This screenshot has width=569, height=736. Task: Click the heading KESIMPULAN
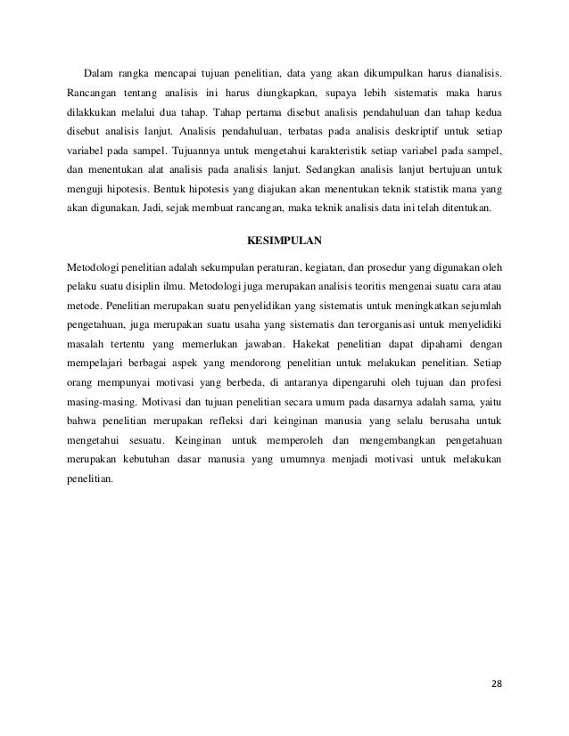pyautogui.click(x=284, y=241)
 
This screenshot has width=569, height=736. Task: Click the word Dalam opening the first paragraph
pyautogui.click(x=99, y=72)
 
